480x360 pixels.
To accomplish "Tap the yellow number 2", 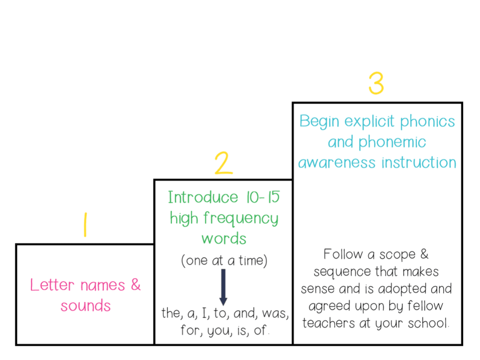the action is click(224, 163).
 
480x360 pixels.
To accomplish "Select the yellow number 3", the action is click(376, 83).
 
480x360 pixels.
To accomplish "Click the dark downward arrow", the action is click(223, 286).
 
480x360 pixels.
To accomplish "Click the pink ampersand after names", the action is click(135, 285).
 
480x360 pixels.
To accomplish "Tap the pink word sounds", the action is click(86, 306).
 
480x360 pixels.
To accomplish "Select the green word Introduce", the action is click(196, 197).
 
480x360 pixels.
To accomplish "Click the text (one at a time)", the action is click(224, 261).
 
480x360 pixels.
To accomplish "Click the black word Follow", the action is click(343, 255).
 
